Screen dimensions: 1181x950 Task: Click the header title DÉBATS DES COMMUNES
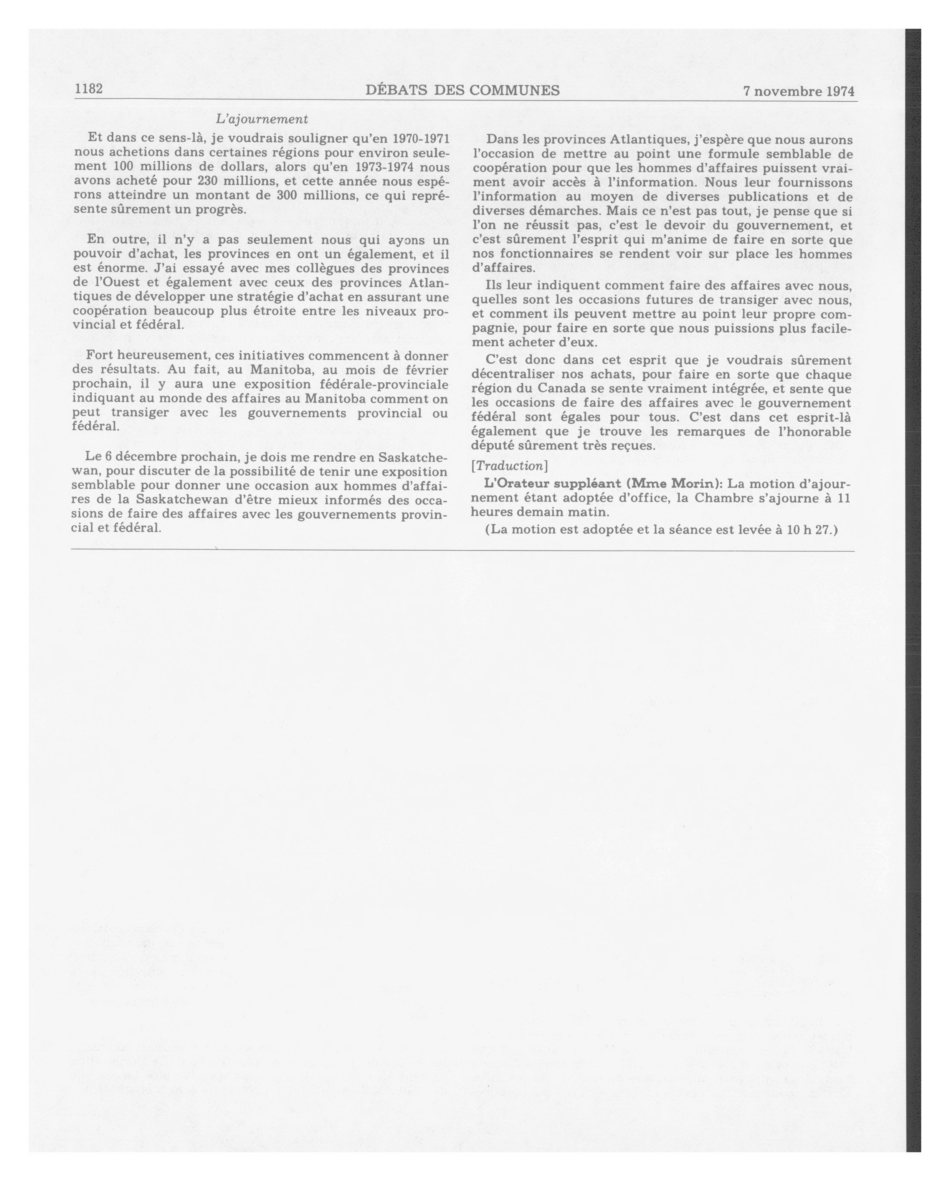tap(463, 90)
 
